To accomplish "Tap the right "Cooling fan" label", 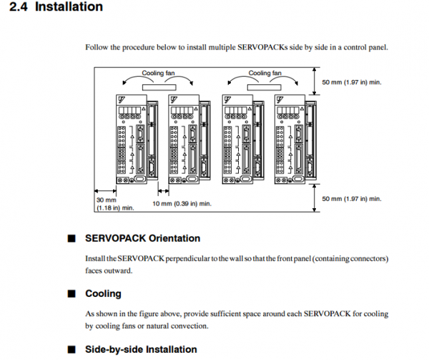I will pyautogui.click(x=264, y=73).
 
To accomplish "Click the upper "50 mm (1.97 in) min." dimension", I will pyautogui.click(x=351, y=82).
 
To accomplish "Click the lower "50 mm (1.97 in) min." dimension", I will pyautogui.click(x=351, y=198).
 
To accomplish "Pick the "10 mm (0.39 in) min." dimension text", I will pyautogui.click(x=183, y=204).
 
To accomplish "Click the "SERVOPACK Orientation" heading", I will pyautogui.click(x=142, y=238).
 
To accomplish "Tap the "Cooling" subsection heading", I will pyautogui.click(x=103, y=293).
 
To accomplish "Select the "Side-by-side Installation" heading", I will pyautogui.click(x=141, y=349).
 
